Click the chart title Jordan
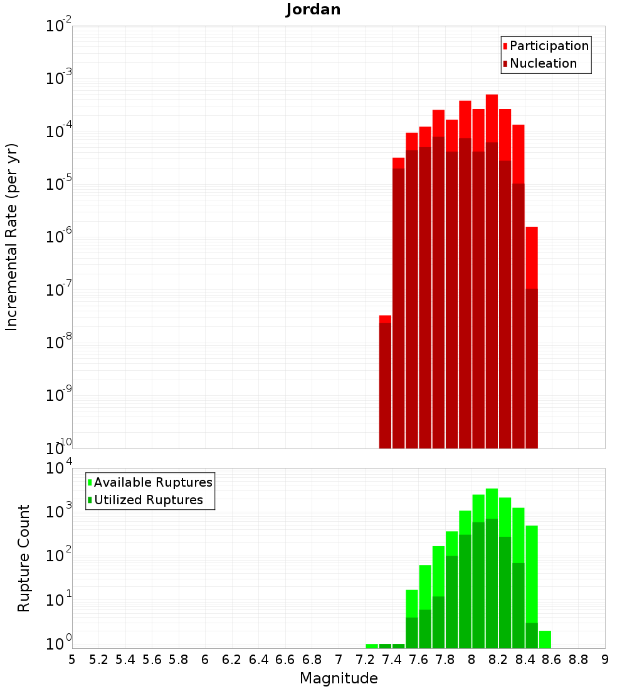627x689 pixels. pyautogui.click(x=313, y=9)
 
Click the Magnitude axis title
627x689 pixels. pyautogui.click(x=339, y=678)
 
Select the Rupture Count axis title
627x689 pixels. pyautogui.click(x=24, y=558)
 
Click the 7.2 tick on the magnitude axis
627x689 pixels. pyautogui.click(x=365, y=660)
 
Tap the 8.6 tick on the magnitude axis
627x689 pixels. pyautogui.click(x=552, y=660)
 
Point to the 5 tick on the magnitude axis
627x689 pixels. pyautogui.click(x=72, y=660)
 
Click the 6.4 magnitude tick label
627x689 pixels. pyautogui.click(x=258, y=660)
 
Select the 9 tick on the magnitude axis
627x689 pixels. pyautogui.click(x=605, y=660)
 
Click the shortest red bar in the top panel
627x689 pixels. pyautogui.click(x=385, y=319)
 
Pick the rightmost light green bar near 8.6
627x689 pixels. pyautogui.click(x=545, y=639)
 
